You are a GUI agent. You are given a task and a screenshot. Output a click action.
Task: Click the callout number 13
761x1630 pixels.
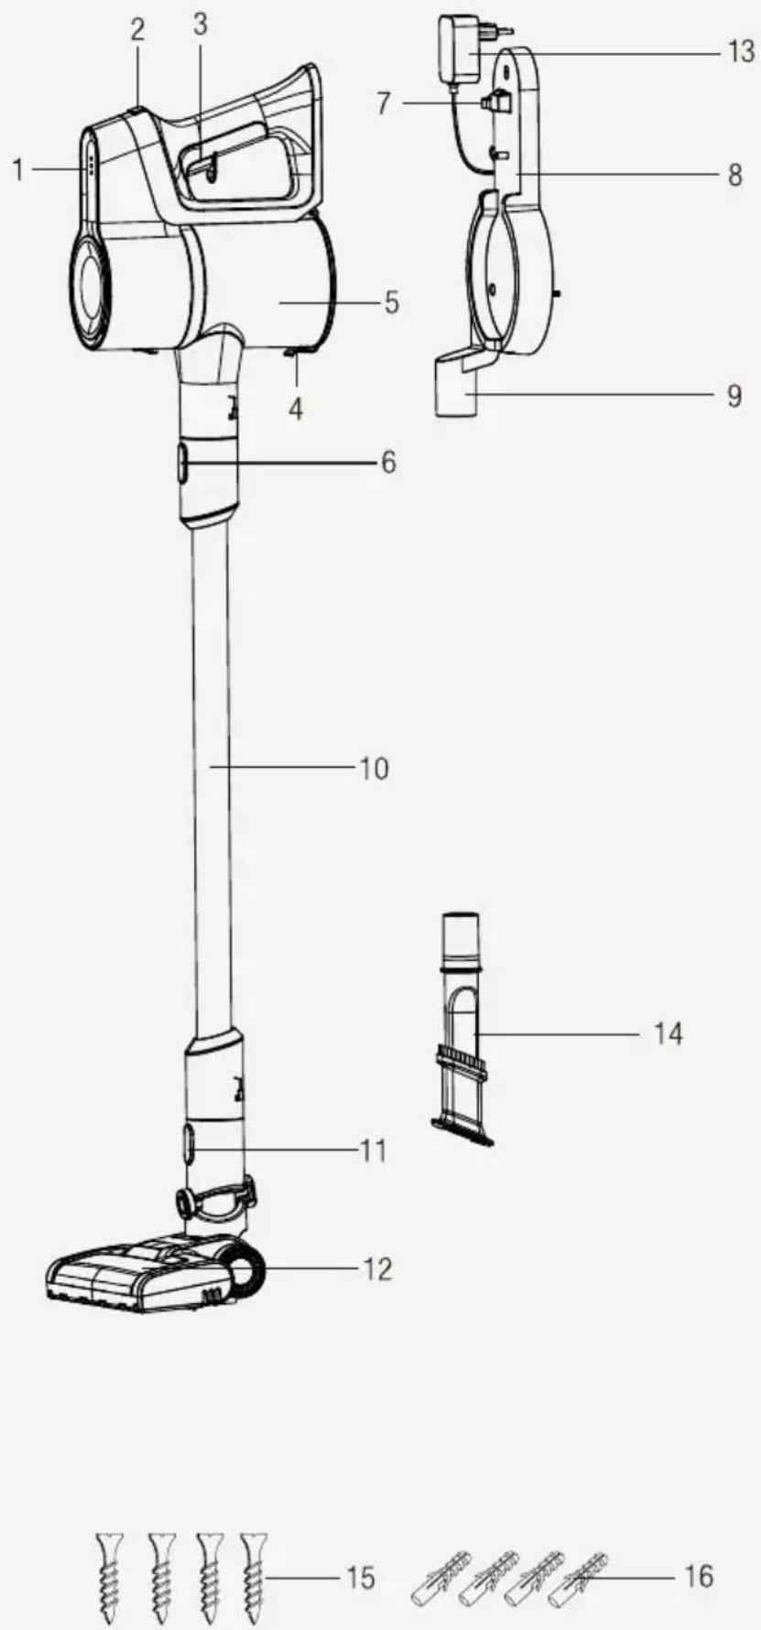point(740,51)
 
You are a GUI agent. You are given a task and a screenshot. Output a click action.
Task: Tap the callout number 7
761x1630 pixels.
point(384,103)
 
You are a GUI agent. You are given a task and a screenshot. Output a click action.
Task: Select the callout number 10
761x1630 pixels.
point(374,768)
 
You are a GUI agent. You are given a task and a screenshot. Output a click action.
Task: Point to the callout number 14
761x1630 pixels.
point(669,1033)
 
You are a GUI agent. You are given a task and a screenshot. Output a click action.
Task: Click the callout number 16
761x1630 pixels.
point(699,1575)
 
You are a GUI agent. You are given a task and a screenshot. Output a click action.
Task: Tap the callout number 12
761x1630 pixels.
point(377,1268)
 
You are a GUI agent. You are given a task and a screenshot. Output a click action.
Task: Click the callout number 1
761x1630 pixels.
point(18,169)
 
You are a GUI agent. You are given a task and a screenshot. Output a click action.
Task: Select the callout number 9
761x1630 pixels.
point(734,395)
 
